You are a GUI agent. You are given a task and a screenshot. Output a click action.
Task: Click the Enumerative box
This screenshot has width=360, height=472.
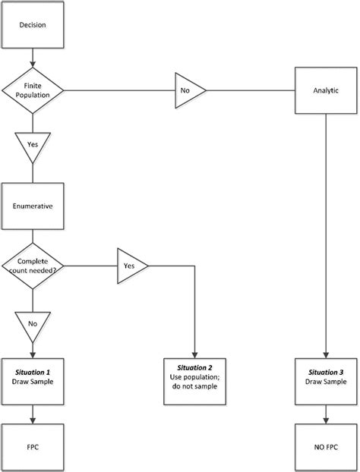[x=32, y=205]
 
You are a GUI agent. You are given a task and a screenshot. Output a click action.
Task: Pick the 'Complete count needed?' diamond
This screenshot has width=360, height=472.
[x=32, y=266]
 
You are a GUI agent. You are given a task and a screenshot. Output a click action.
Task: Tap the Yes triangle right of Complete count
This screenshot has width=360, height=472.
[x=130, y=266]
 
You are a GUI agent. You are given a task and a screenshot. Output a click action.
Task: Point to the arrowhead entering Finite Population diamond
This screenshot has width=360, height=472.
[x=32, y=65]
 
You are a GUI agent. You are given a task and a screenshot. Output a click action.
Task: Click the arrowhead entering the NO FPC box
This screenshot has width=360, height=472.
[x=326, y=419]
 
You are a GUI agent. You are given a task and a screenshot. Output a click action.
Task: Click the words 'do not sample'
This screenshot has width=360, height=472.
[x=195, y=387]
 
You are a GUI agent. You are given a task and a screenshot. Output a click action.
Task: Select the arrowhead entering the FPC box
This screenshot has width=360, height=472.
[x=32, y=419]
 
